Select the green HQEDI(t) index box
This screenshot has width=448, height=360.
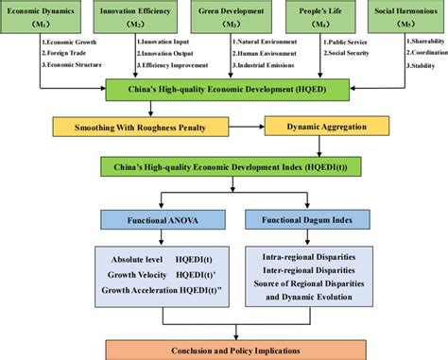pos(225,166)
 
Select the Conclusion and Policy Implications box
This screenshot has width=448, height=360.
pos(225,350)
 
